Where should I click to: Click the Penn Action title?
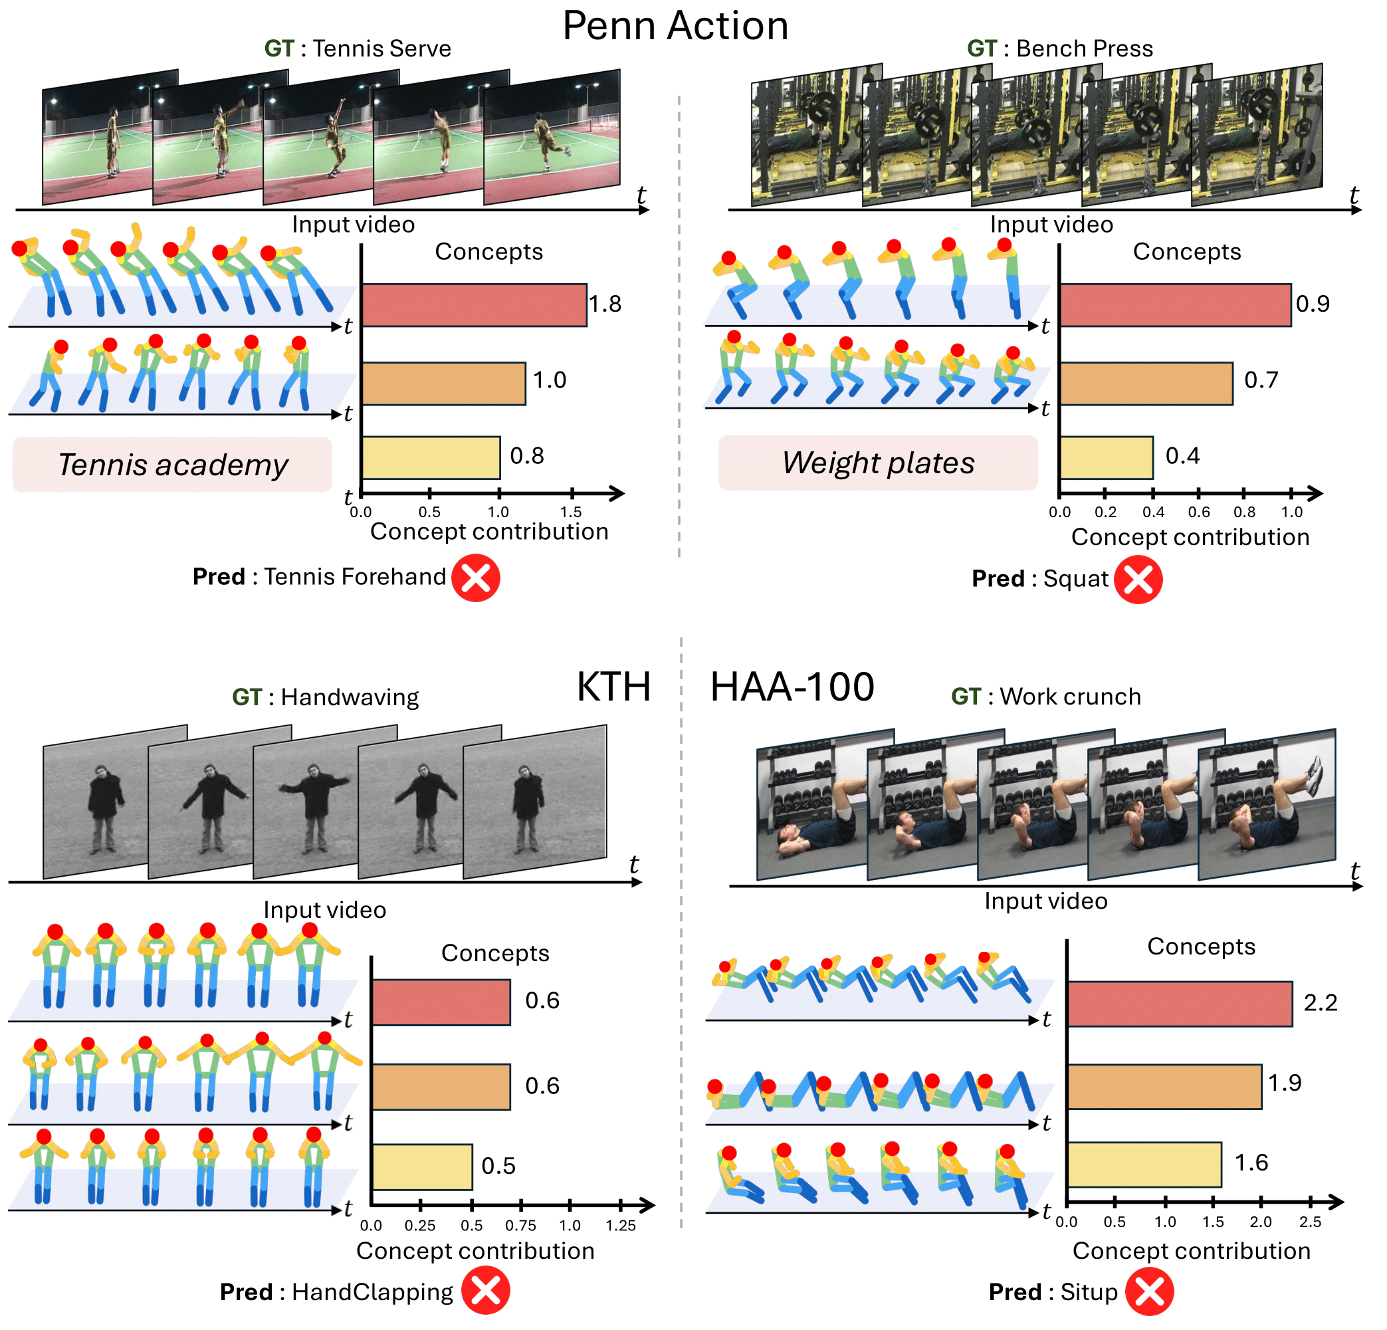(675, 27)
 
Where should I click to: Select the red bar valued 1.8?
(473, 305)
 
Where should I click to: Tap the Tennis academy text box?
(172, 465)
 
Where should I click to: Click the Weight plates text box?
(877, 463)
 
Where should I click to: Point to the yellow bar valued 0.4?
(1106, 458)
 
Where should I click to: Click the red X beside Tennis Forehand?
(476, 578)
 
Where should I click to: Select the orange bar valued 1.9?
(1164, 1087)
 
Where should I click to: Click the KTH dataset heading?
(613, 687)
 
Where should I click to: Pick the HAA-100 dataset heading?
(792, 687)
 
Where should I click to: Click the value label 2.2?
(1320, 1002)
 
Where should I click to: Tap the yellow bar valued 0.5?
(422, 1166)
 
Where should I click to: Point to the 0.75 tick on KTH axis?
(521, 1224)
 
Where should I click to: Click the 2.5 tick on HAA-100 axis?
(1310, 1221)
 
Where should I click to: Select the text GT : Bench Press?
(1059, 48)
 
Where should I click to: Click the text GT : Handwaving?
(325, 697)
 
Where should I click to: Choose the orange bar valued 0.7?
(1146, 384)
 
